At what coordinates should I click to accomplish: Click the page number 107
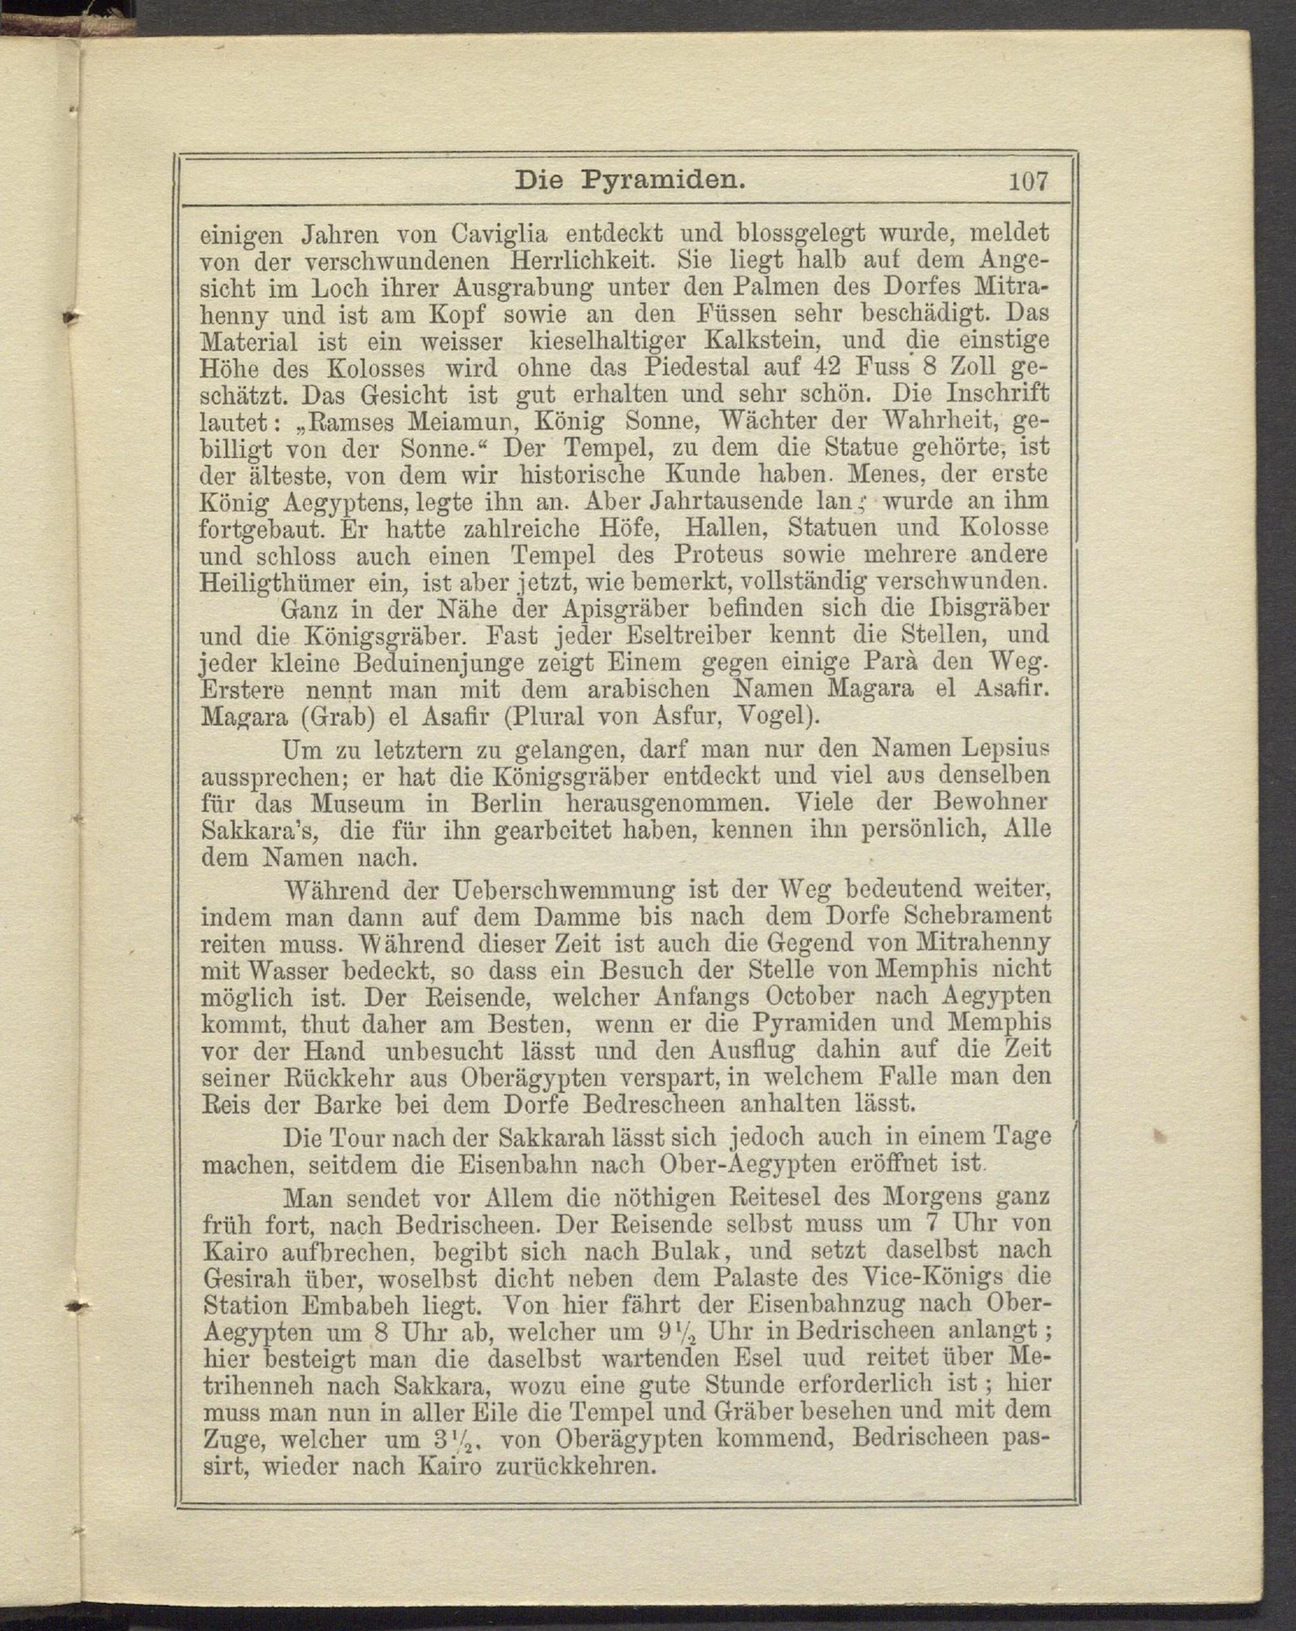[1028, 182]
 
